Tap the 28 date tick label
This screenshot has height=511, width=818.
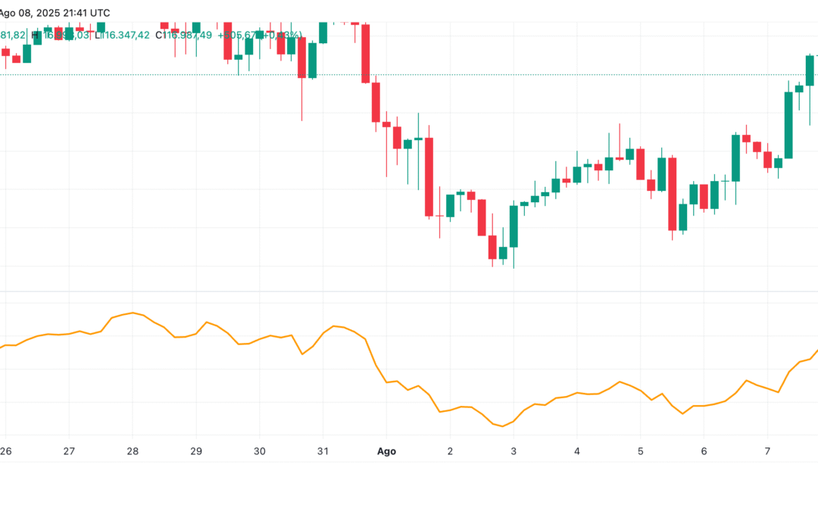(x=133, y=451)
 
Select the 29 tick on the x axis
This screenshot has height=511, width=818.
(x=195, y=451)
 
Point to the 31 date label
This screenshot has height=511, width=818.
(x=323, y=451)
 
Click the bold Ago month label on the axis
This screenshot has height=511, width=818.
(x=387, y=451)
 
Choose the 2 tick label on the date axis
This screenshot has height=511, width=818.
(x=450, y=451)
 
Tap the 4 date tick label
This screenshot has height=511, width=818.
(x=577, y=451)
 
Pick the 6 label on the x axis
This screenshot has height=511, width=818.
(x=704, y=451)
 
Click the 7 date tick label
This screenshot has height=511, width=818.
(x=767, y=451)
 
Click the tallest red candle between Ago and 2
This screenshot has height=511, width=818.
(x=429, y=177)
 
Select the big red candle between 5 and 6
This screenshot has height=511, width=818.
(x=671, y=194)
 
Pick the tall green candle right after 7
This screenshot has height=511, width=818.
(x=788, y=125)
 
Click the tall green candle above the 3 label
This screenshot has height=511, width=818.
(x=514, y=226)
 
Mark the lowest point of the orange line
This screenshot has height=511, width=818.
(x=502, y=426)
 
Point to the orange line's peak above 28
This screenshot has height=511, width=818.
(x=133, y=313)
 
